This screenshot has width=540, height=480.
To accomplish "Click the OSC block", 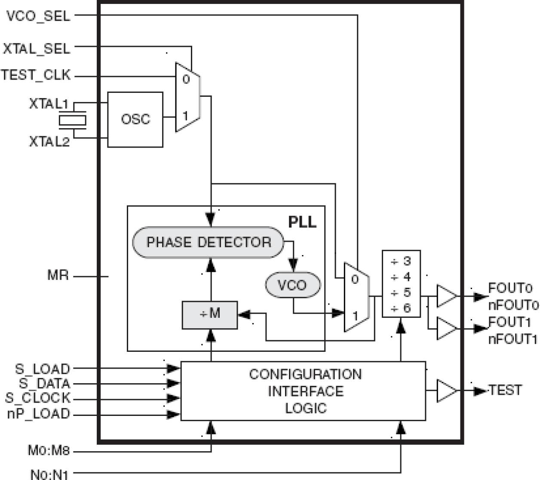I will pos(135,119).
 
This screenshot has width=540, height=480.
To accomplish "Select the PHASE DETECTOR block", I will pos(209,242).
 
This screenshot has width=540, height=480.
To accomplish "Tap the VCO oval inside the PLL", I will pos(292,285).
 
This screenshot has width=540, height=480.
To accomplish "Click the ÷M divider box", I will pos(210,315).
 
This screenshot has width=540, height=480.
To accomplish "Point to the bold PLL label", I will pos(302,222).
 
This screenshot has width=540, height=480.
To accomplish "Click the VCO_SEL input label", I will pos(38,16).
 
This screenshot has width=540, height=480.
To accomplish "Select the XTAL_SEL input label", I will pos(36,49).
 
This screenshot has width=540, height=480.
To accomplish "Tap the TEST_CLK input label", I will pos(36,75).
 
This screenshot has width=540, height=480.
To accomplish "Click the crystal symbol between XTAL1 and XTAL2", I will pos(72,121).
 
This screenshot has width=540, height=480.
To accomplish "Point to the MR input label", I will pos(58,275).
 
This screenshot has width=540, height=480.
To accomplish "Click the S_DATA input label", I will pos(44,383).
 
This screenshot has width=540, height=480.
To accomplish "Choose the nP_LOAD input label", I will pos(39,414).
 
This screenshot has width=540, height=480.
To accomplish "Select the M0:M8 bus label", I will pos(48,451).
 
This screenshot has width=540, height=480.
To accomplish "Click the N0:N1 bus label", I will pos(49,474).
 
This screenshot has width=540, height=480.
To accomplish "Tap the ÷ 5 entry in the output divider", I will pos(401,292).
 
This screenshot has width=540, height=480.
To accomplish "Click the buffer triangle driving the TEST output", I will pos(446,391).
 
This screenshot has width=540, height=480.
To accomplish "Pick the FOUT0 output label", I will pos(510,288).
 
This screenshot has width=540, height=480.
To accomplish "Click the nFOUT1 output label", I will pos(512,339).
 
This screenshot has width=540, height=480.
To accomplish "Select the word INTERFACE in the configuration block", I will pos(306,391).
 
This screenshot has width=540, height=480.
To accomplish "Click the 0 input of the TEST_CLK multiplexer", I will pos(186,79).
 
